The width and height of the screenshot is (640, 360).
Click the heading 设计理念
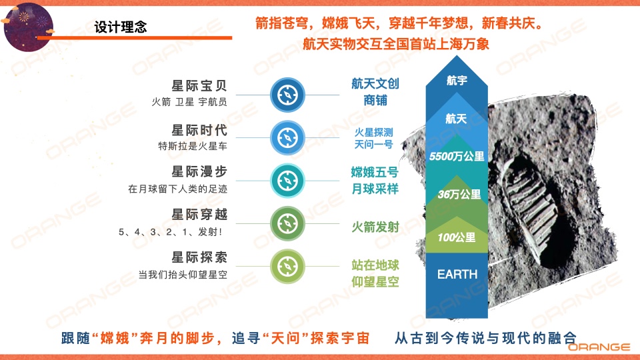(x=121, y=27)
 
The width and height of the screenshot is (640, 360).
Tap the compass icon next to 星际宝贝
(x=287, y=95)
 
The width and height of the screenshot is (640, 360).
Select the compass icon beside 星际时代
(x=287, y=138)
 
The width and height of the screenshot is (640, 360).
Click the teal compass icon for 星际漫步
(x=287, y=181)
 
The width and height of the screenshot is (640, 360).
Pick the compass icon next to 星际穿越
(x=287, y=224)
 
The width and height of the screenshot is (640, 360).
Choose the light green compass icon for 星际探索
(x=287, y=267)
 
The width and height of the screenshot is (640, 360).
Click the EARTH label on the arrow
(x=457, y=274)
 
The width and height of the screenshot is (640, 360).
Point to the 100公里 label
(x=457, y=237)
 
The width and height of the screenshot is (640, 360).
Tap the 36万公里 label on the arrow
(x=459, y=194)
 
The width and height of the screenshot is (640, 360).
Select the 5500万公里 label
(x=457, y=156)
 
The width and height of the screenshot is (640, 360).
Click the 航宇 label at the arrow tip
(x=457, y=81)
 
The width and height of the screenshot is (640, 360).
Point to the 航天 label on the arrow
(x=456, y=119)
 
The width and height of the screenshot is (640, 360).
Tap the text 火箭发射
(x=375, y=227)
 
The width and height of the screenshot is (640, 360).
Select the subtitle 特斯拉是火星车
(x=193, y=146)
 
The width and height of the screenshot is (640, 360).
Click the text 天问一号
(x=373, y=144)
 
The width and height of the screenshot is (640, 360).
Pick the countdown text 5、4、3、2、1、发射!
(x=171, y=232)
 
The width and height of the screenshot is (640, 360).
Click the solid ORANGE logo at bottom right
(x=599, y=347)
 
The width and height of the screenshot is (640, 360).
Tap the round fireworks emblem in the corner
(x=28, y=27)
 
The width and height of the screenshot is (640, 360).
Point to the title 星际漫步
(x=199, y=172)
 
